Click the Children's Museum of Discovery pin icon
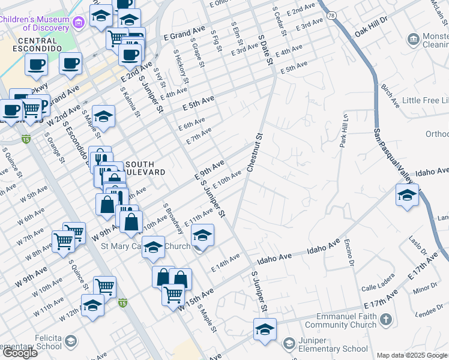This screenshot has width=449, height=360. [77, 23]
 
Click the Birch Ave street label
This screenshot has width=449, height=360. [390, 96]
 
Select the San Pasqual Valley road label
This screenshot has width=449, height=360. [394, 154]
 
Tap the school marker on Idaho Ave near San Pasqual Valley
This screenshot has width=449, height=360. [407, 195]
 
